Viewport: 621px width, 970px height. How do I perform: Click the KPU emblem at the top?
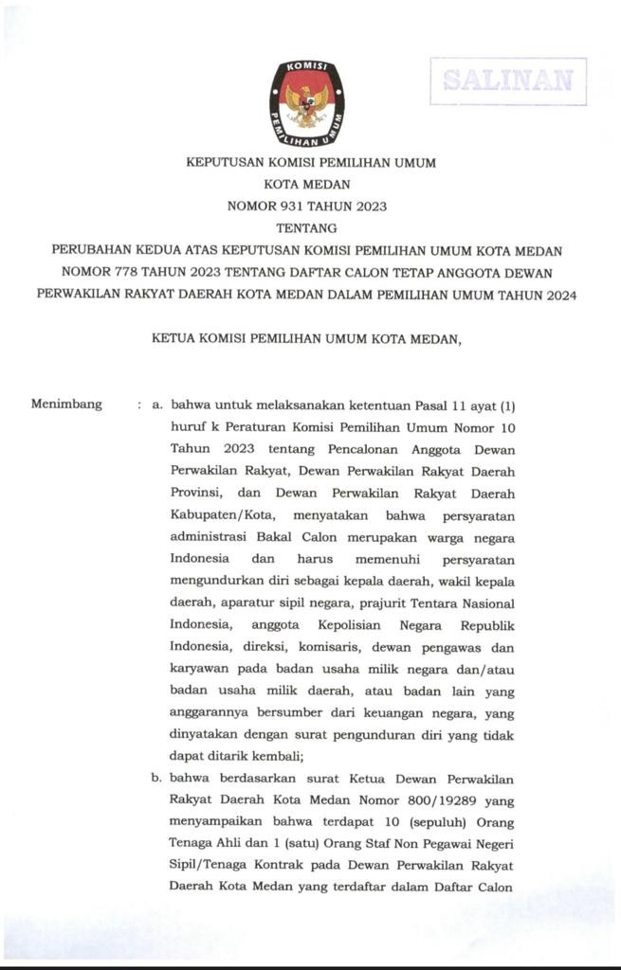307,102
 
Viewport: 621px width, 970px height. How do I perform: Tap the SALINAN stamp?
508,81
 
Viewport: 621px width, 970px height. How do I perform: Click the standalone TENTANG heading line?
306,227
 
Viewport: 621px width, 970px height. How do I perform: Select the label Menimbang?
66,404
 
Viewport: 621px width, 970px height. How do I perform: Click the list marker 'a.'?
157,405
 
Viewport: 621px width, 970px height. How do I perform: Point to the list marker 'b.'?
157,780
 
